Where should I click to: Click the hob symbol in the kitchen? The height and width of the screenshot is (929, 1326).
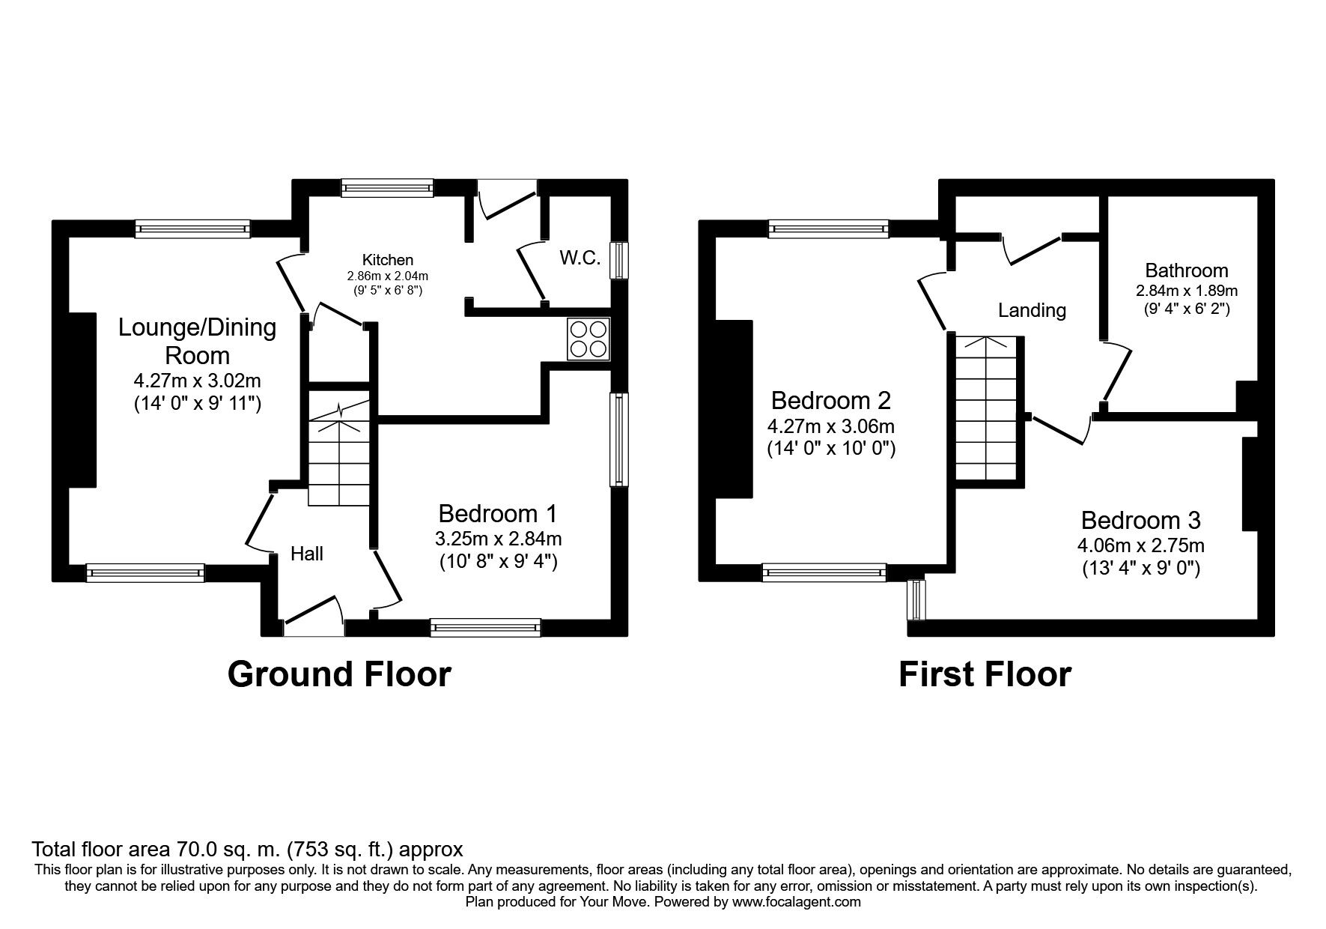coord(589,339)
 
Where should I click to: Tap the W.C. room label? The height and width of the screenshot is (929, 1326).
coord(580,258)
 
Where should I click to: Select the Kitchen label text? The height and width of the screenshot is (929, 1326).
coord(387,260)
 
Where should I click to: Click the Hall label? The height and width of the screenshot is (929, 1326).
coord(307,554)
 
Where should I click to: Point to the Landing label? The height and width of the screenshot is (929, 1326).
coord(1032,310)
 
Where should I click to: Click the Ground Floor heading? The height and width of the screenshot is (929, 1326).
coord(339,674)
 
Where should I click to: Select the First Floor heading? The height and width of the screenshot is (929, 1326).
coord(985,674)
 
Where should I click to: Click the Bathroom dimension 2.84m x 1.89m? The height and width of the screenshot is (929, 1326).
coord(1187,291)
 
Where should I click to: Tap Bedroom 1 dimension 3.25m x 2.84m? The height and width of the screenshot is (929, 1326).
coord(498,539)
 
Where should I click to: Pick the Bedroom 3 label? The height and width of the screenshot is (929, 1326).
coord(1140,520)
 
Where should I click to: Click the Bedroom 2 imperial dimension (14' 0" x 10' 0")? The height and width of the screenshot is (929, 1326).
coord(831,449)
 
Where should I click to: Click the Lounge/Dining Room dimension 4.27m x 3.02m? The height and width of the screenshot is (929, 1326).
coord(198,381)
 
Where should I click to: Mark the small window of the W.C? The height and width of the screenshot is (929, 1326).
coord(618,260)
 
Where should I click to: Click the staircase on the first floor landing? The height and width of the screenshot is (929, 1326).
coord(988,408)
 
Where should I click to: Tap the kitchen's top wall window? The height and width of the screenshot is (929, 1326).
coord(387,187)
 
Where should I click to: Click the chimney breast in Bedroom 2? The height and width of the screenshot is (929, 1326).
coord(734,409)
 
